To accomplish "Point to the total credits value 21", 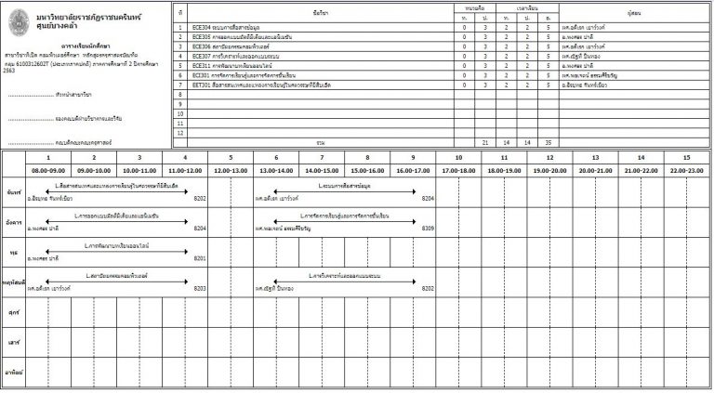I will click(485, 142).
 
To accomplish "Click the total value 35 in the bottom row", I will click(549, 142).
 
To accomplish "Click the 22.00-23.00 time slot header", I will click(686, 171).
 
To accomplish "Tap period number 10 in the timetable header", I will click(458, 158).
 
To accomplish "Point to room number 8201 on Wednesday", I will click(200, 257).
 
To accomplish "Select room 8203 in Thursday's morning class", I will click(200, 288).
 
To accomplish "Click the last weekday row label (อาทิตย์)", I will click(14, 373).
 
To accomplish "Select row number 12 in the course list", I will click(181, 132).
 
